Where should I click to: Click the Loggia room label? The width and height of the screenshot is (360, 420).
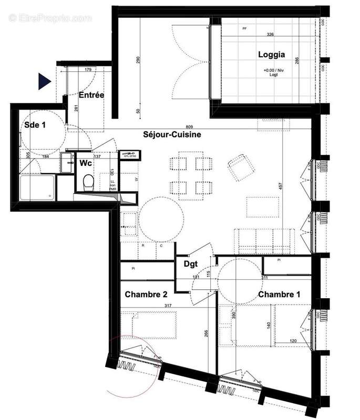point(271,54)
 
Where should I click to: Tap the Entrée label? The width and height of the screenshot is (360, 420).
point(91,95)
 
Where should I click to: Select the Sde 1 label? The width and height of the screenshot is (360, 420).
point(35,125)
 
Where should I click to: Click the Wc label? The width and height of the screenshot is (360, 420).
point(86,163)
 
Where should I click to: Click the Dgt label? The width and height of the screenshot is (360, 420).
point(190,265)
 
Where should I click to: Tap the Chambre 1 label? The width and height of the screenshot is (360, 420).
point(279,295)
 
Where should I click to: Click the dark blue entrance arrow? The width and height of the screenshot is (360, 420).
point(44,81)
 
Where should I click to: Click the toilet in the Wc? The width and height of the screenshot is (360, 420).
point(88,182)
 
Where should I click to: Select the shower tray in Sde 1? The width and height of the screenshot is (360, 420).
point(37,188)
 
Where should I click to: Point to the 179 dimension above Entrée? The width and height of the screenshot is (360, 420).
point(88,69)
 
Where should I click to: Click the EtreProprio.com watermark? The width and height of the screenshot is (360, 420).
point(50,18)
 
